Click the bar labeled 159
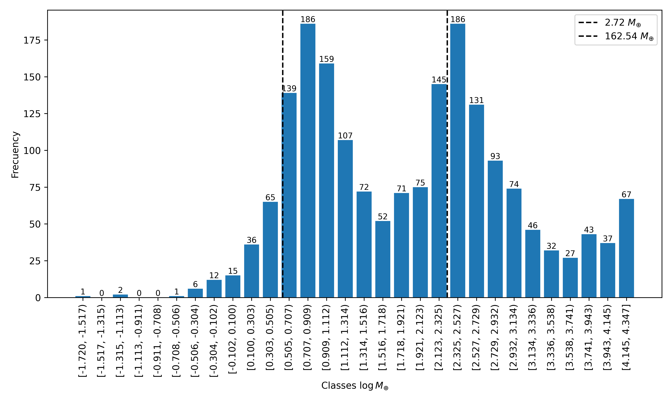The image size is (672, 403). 326,181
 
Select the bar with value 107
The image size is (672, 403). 345,219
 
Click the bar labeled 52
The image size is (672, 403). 383,259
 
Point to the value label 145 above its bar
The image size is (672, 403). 439,80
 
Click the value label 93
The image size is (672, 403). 495,156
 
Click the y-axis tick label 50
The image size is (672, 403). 35,224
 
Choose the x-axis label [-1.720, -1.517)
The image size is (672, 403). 83,341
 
